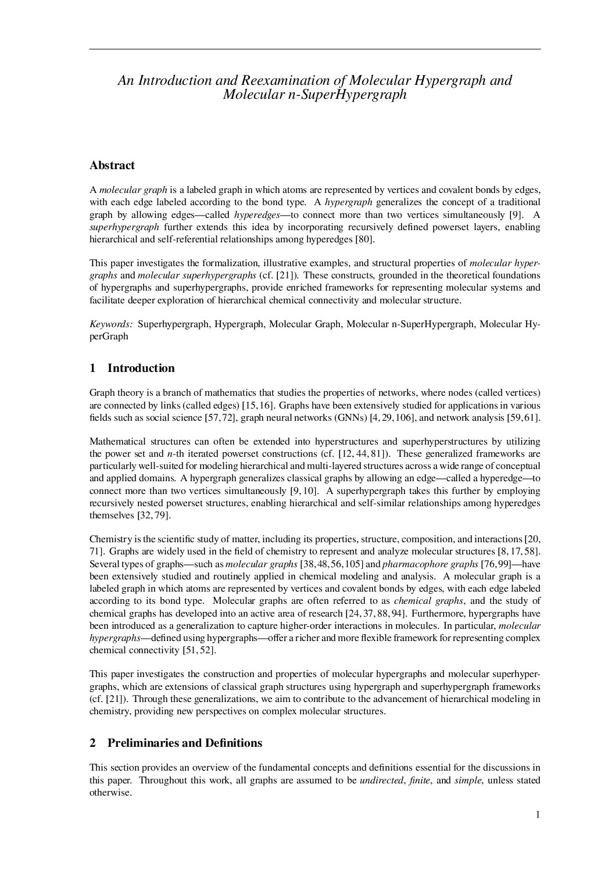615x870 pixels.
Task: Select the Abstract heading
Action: pyautogui.click(x=112, y=166)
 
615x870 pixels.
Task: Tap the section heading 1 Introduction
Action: pyautogui.click(x=132, y=368)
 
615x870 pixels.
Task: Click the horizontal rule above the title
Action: pyautogui.click(x=314, y=49)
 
